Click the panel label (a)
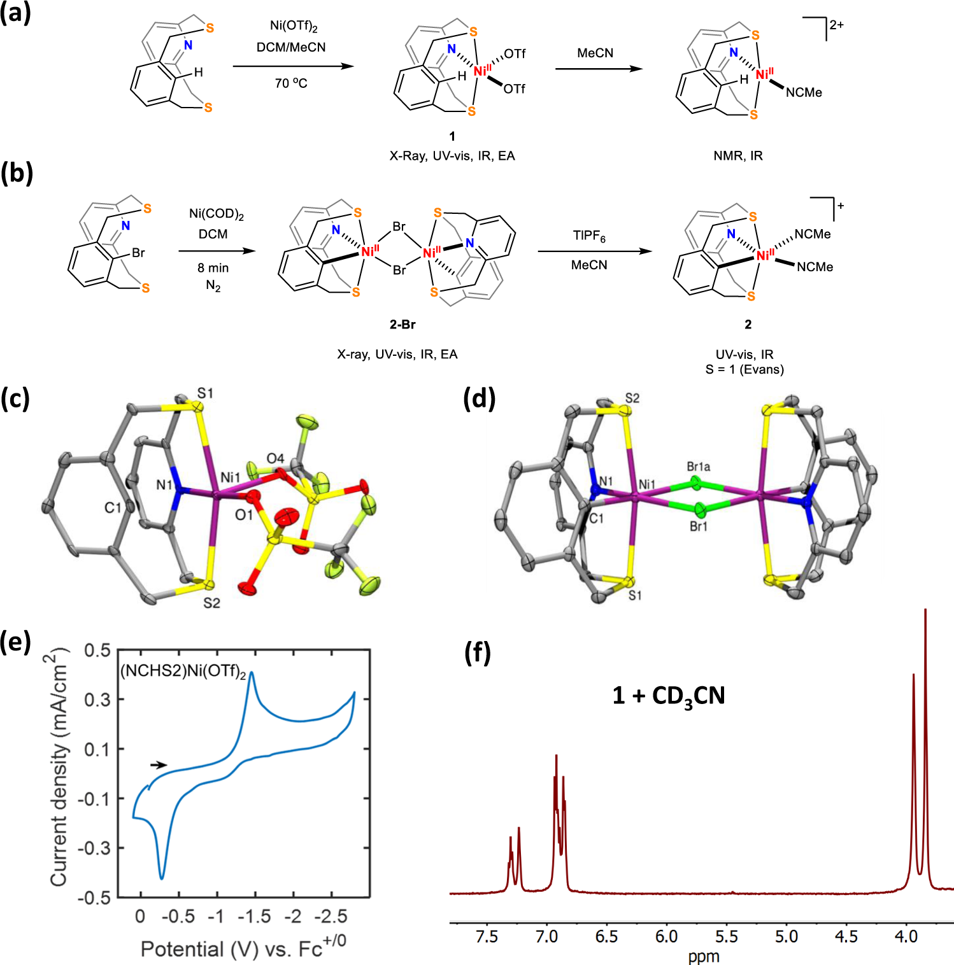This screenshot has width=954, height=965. pyautogui.click(x=15, y=13)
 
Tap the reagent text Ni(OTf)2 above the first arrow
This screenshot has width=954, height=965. pyautogui.click(x=294, y=26)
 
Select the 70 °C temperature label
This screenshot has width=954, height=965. pyautogui.click(x=291, y=83)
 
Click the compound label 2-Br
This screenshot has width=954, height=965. pyautogui.click(x=402, y=325)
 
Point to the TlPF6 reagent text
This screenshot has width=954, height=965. pyautogui.click(x=589, y=236)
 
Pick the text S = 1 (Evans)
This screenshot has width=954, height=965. pyautogui.click(x=744, y=369)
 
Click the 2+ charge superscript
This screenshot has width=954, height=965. pyautogui.click(x=836, y=25)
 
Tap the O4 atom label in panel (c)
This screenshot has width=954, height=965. pyautogui.click(x=275, y=458)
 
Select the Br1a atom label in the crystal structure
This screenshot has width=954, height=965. pyautogui.click(x=699, y=467)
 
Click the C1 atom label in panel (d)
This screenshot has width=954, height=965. pyautogui.click(x=596, y=519)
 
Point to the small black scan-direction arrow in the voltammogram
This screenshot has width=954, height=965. pyautogui.click(x=159, y=765)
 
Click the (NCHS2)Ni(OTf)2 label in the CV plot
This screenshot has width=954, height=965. pyautogui.click(x=183, y=671)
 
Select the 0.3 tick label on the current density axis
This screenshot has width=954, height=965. pyautogui.click(x=97, y=700)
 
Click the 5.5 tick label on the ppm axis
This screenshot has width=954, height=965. pyautogui.click(x=726, y=936)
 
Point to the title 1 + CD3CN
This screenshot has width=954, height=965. pyautogui.click(x=669, y=695)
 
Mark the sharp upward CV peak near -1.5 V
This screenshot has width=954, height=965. pyautogui.click(x=252, y=673)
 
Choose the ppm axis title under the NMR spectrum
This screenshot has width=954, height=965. pyautogui.click(x=704, y=956)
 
